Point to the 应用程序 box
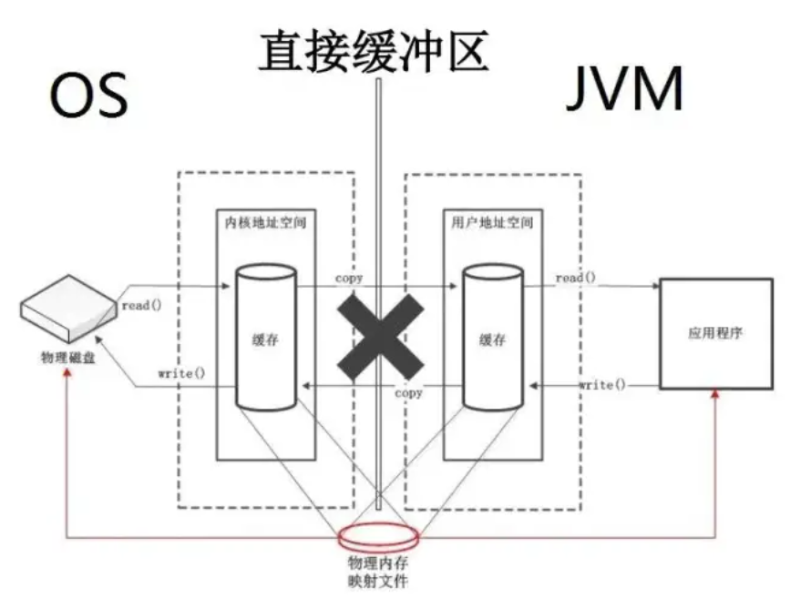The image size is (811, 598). pyautogui.click(x=715, y=334)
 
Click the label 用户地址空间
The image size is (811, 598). pyautogui.click(x=492, y=222)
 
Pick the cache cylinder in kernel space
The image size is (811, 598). pyautogui.click(x=266, y=338)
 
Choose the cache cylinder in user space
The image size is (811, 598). pyautogui.click(x=492, y=338)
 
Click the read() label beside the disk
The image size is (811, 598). pyautogui.click(x=140, y=306)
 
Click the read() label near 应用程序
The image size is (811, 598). pyautogui.click(x=575, y=278)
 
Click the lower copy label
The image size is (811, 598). pyautogui.click(x=409, y=393)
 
